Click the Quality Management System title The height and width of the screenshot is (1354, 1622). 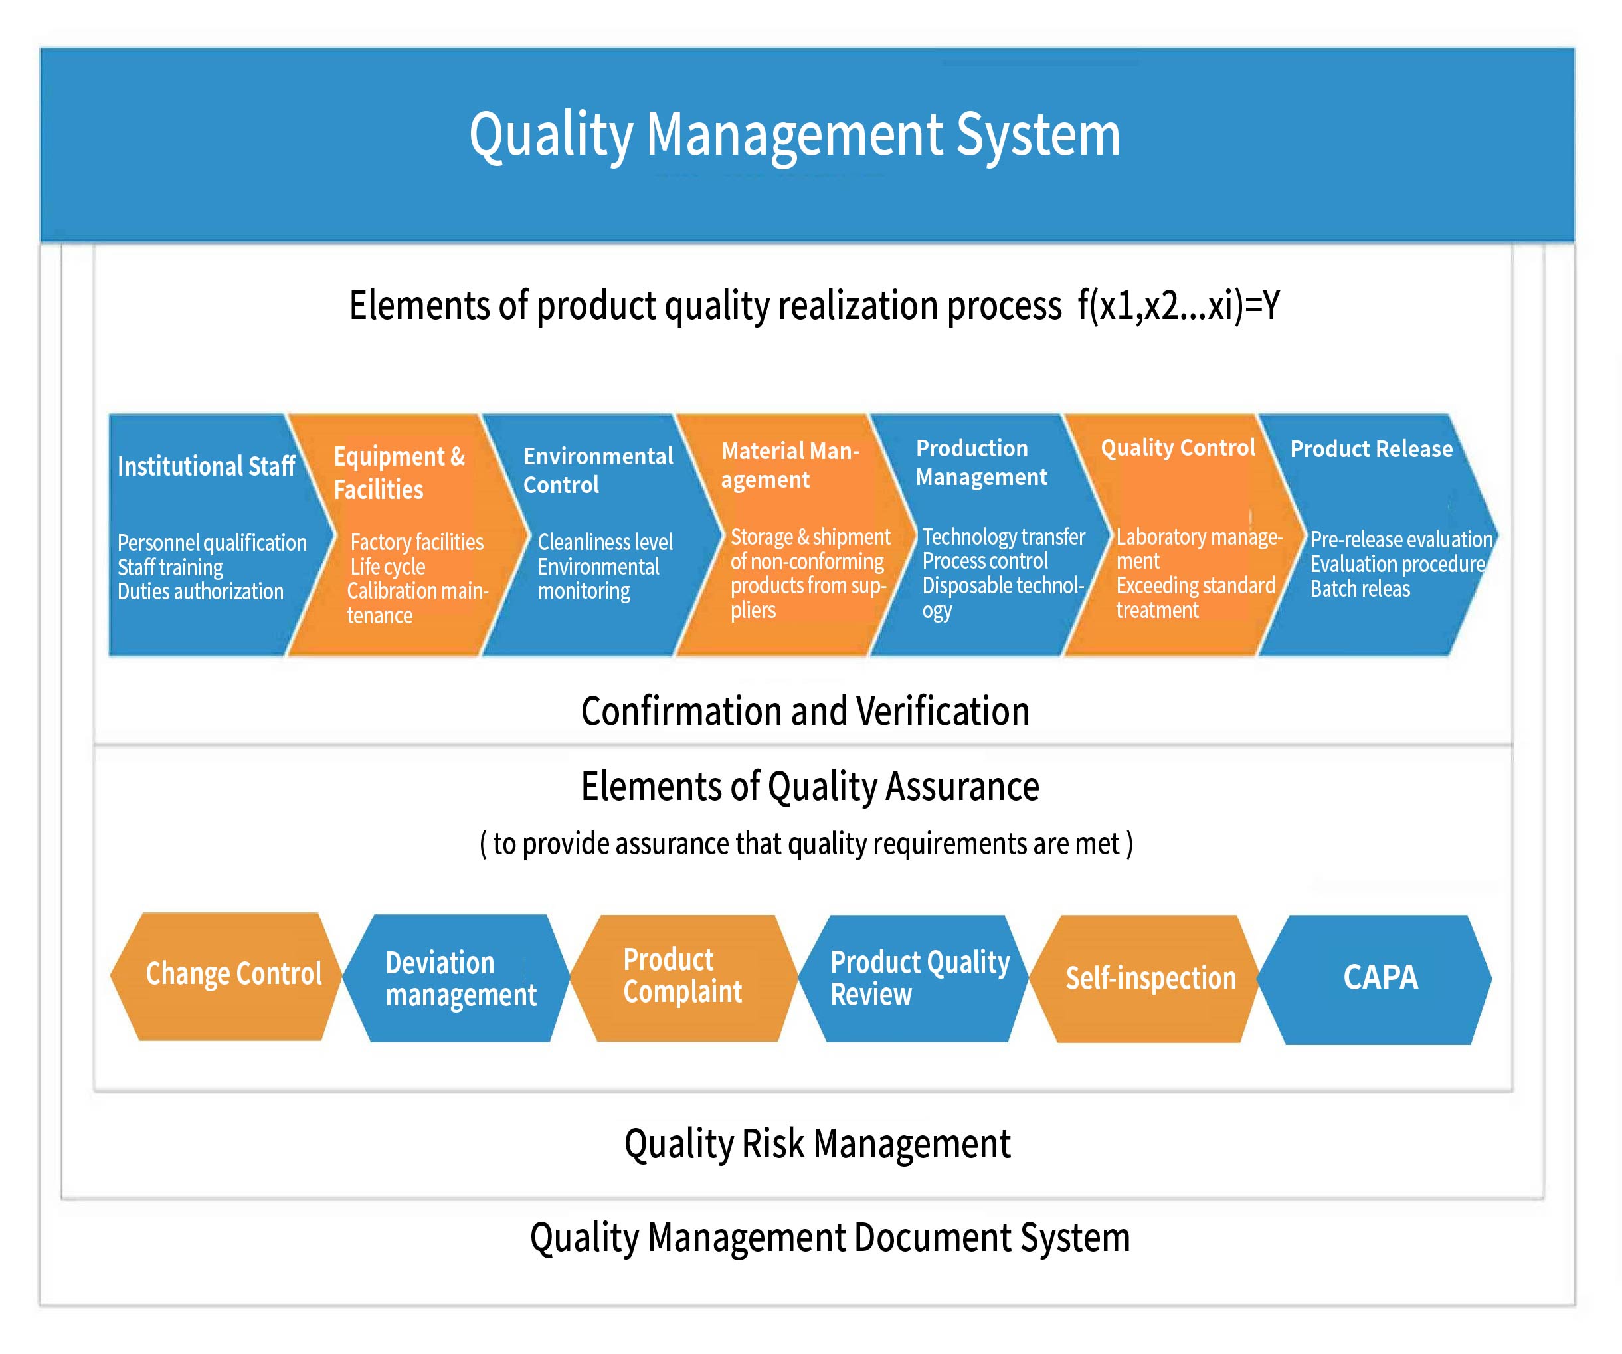[795, 134]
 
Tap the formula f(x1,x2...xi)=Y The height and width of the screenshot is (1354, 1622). [1179, 305]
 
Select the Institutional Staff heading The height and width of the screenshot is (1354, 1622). [206, 466]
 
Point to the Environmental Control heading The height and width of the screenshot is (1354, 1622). [598, 470]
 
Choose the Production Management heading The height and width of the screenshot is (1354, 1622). [981, 462]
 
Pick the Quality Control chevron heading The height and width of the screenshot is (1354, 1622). [1178, 448]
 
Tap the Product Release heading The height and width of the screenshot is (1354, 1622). [1371, 450]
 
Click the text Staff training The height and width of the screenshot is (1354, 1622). [170, 567]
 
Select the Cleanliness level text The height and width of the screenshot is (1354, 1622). [605, 542]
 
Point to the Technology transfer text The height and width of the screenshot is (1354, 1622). [1004, 537]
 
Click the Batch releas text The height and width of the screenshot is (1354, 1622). [1360, 589]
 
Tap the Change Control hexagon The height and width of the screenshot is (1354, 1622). [233, 975]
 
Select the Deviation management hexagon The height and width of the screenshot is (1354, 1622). [460, 979]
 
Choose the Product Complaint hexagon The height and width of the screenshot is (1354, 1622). [683, 976]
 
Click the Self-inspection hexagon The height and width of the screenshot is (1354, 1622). [1150, 979]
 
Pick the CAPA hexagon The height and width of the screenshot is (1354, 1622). [1380, 978]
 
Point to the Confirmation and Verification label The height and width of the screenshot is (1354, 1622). [805, 712]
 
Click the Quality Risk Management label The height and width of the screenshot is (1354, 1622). [817, 1144]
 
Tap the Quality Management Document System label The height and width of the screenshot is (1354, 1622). [830, 1237]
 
